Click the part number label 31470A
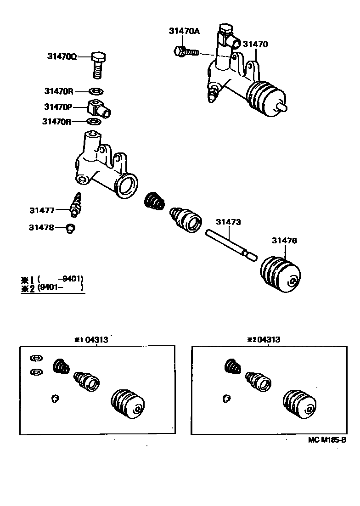(x=184, y=31)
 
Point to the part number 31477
(x=42, y=210)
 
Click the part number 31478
(x=41, y=227)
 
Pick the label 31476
(x=284, y=240)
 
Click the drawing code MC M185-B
(x=326, y=440)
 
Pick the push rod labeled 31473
(x=230, y=244)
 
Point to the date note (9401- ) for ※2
(x=60, y=288)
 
